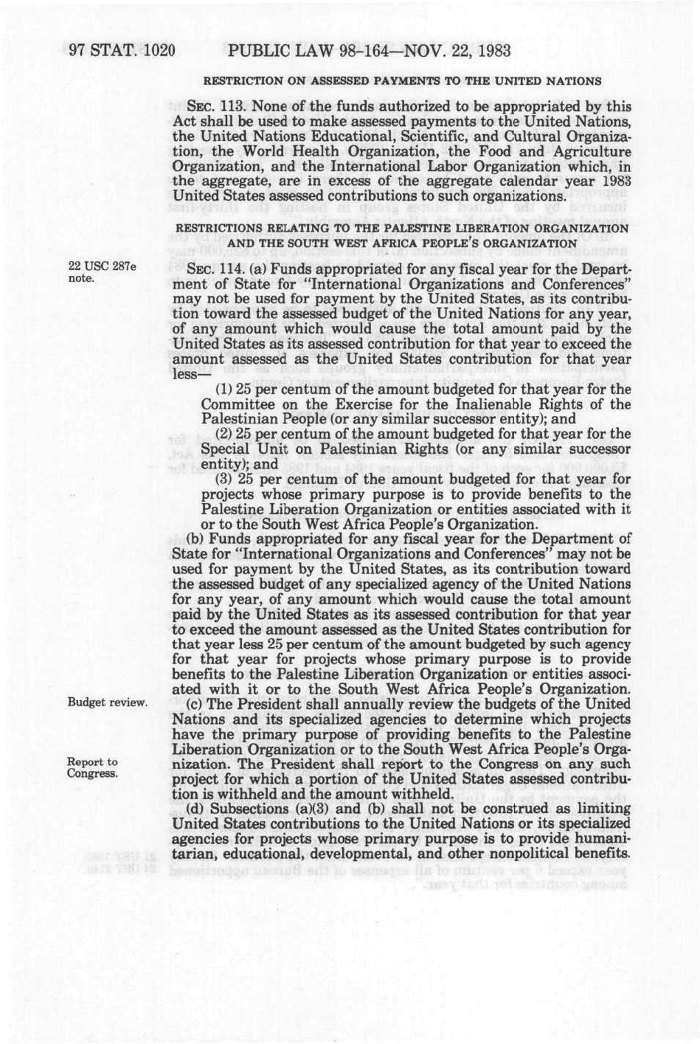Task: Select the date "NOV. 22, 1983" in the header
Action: point(461,52)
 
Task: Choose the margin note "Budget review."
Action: point(107,702)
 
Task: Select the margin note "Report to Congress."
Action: point(92,767)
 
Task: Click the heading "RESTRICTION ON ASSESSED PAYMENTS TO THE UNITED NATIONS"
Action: point(402,80)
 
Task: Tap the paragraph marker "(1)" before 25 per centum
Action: point(223,390)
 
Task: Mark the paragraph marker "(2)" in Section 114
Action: point(223,434)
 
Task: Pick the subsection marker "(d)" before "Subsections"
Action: point(195,809)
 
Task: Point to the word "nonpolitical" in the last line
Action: point(531,854)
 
